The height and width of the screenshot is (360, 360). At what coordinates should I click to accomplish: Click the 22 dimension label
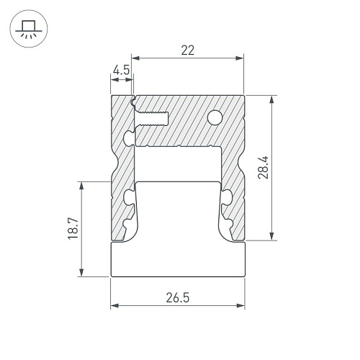coord(187,50)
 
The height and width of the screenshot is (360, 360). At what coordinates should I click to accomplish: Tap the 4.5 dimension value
coord(121,70)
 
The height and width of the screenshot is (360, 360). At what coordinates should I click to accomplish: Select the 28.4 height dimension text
coord(263,167)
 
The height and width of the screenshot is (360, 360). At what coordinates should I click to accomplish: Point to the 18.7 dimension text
coord(73,228)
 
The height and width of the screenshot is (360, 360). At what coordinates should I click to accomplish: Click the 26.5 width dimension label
coord(178,297)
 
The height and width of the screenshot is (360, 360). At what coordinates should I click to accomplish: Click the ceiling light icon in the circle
coord(29,29)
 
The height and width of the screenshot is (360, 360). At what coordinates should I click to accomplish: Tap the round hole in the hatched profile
coord(215,117)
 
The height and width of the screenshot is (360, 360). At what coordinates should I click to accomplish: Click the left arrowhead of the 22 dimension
coord(136,58)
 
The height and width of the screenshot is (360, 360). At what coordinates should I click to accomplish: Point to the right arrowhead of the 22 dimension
coord(240,58)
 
